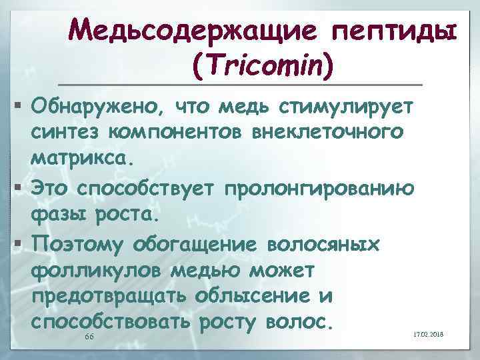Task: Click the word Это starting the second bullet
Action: click(49, 187)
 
